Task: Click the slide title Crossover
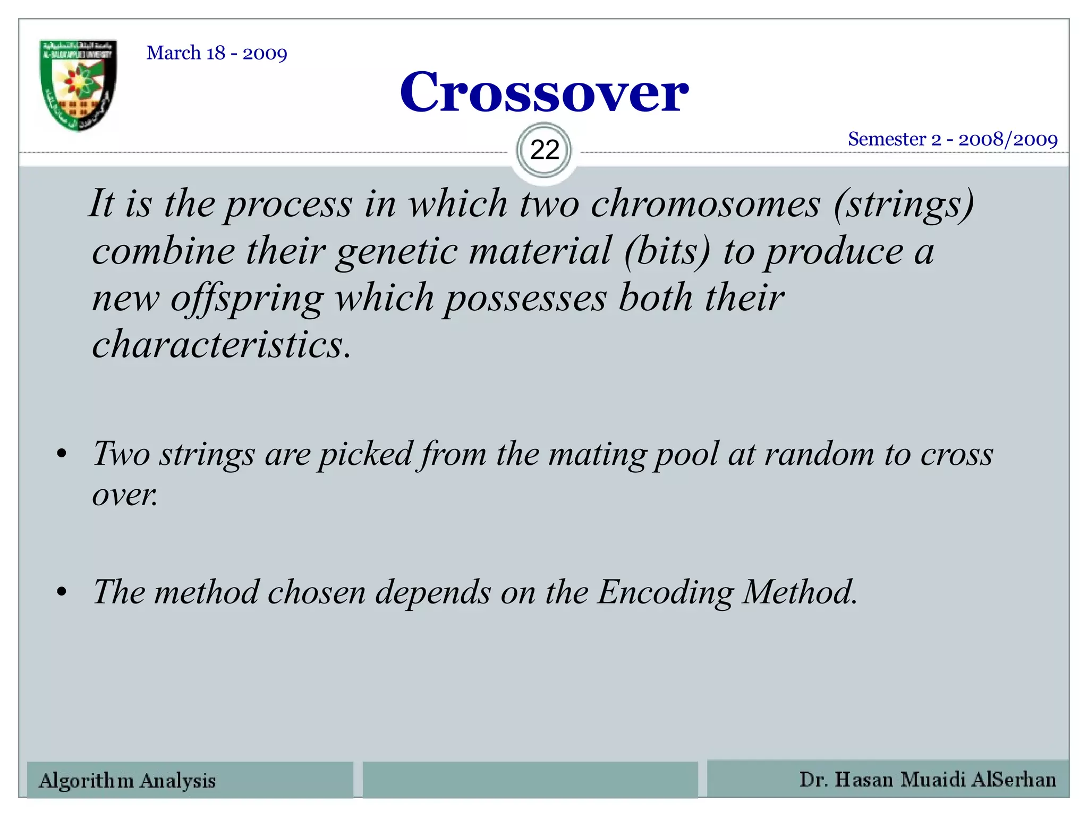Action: tap(544, 93)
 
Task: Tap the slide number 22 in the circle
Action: tap(545, 150)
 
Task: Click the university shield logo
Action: tap(79, 85)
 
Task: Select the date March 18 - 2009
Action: tap(217, 53)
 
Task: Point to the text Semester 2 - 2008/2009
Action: tap(953, 139)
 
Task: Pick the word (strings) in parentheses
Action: tap(904, 205)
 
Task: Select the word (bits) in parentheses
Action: tap(667, 251)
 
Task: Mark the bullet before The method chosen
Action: tap(62, 592)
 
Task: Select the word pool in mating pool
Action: tap(686, 455)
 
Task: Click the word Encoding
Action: tap(665, 592)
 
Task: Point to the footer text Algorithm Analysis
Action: tap(127, 780)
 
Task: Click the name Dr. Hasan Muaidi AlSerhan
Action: tap(928, 779)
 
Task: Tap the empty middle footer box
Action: tap(530, 779)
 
